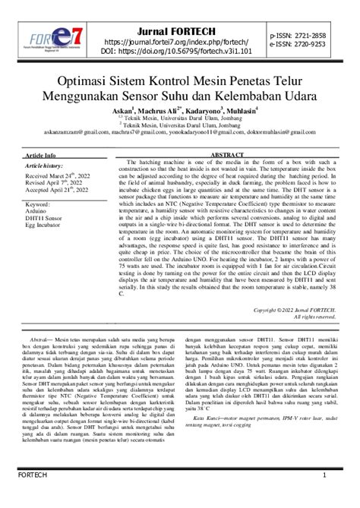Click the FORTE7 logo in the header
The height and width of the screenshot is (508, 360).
53,39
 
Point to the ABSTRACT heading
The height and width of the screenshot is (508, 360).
226,154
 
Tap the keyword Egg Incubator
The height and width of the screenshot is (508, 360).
45,226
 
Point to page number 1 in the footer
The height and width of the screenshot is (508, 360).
324,497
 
